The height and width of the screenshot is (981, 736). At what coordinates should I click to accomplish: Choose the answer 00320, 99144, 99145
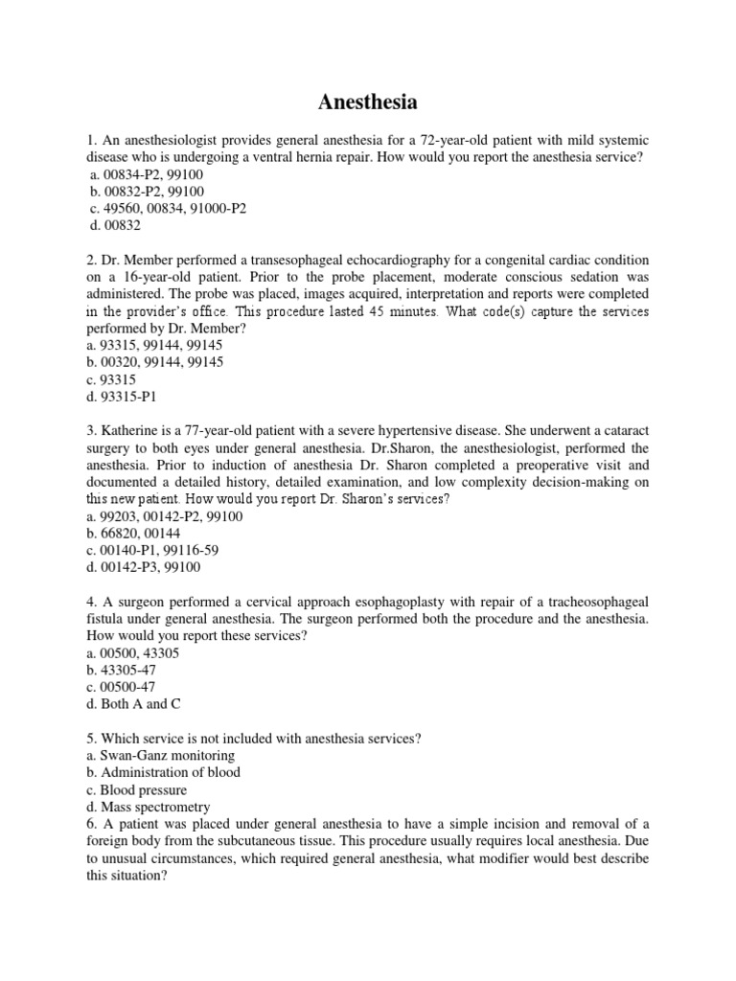pos(154,362)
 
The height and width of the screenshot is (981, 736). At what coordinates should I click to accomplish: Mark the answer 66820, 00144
pos(133,534)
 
